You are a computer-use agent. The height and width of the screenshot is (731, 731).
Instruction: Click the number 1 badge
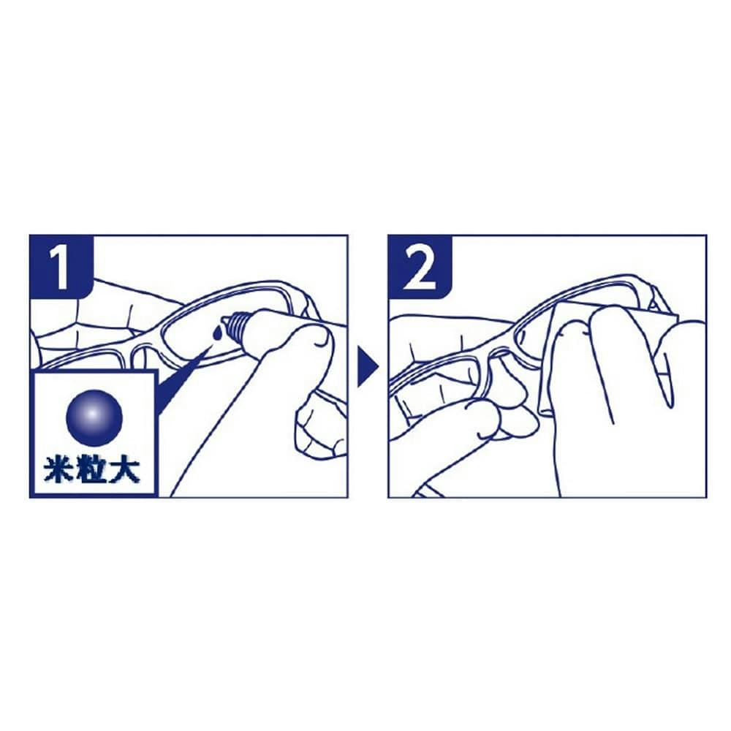click(x=61, y=266)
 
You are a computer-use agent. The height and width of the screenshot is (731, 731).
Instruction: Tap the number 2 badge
click(x=420, y=266)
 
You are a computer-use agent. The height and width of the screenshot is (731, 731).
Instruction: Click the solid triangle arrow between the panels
click(x=368, y=366)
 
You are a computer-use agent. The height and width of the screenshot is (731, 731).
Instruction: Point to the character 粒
click(x=91, y=471)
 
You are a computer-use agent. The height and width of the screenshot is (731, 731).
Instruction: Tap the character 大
click(x=125, y=471)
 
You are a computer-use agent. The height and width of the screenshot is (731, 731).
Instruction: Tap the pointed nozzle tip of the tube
click(x=224, y=322)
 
